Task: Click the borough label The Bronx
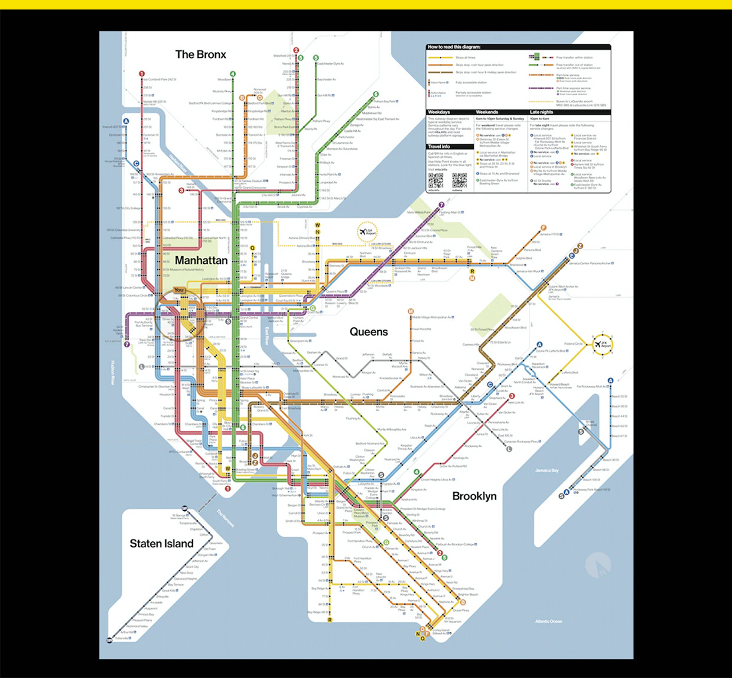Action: coord(201,54)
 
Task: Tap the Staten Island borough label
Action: coord(161,544)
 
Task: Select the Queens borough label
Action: coord(369,332)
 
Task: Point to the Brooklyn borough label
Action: coord(474,496)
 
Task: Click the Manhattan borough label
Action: coord(201,260)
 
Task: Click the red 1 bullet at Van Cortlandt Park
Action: coord(142,74)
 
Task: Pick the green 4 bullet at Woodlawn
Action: coord(233,74)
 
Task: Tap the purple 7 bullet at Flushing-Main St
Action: coord(441,205)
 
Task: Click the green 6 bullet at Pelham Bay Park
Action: coord(376,94)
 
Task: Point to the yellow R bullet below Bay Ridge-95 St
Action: coord(330,620)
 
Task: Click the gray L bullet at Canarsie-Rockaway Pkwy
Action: coord(509,449)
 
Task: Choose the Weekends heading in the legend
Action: coord(487,112)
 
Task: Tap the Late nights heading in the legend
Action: coord(542,112)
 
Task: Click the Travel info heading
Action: coord(439,146)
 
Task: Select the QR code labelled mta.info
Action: coord(435,180)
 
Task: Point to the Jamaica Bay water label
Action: coord(547,470)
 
